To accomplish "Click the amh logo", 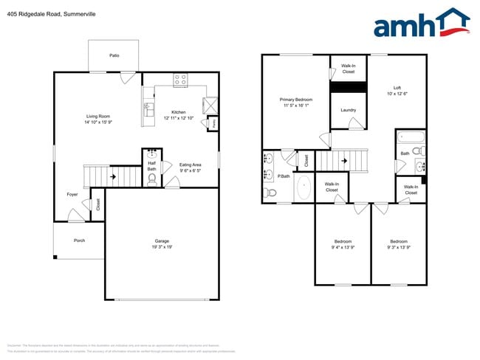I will click(421, 24).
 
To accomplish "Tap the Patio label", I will click(114, 55).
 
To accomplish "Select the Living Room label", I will click(97, 116).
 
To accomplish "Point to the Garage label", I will click(162, 240).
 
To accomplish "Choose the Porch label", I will click(79, 240).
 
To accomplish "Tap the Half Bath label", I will click(151, 166).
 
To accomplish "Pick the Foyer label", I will click(72, 194).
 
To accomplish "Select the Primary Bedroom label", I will click(295, 100).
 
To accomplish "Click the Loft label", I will click(397, 88).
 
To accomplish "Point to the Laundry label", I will click(349, 111).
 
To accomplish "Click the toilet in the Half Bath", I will click(152, 179).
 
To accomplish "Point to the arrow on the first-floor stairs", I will click(112, 177).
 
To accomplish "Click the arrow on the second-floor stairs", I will click(343, 159).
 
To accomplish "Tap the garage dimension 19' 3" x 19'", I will click(162, 247).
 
